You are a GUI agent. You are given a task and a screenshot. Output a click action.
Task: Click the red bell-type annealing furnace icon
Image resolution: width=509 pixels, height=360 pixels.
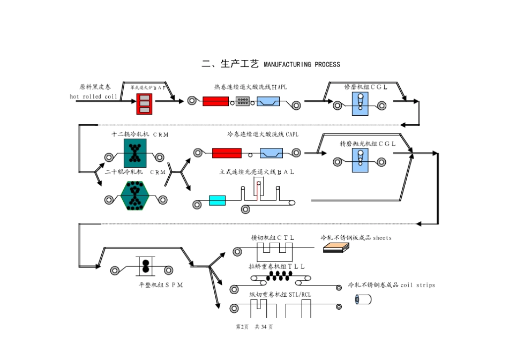pos(144,103)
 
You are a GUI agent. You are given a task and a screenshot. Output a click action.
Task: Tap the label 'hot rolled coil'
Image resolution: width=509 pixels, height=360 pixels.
pos(93,96)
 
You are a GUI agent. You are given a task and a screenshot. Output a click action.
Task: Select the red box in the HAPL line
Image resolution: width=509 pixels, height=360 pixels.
pos(215,101)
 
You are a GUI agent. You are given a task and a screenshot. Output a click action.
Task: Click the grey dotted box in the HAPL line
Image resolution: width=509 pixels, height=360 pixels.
pos(243,101)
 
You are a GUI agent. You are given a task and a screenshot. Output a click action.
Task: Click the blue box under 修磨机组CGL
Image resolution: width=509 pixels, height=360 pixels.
pos(360,103)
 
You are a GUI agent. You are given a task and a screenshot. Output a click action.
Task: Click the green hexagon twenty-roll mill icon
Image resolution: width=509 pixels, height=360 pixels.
pos(134,196)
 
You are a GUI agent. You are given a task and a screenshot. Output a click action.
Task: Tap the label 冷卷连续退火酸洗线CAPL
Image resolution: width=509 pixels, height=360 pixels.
pos(263,134)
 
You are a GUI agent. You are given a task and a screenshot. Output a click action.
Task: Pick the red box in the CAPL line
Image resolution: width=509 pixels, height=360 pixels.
pos(227,153)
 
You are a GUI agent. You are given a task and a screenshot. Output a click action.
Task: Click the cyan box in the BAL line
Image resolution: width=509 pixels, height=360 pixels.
pos(217,201)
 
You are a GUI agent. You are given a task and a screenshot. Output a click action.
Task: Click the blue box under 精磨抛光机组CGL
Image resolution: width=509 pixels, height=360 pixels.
pos(360,161)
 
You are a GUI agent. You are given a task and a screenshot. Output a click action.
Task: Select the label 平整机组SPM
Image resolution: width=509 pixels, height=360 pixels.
pos(161,285)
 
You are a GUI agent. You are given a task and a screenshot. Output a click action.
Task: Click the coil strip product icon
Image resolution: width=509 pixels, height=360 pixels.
pos(363,299)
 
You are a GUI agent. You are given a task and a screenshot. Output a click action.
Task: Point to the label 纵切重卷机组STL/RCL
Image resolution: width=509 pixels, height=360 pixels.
pos(280,294)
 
